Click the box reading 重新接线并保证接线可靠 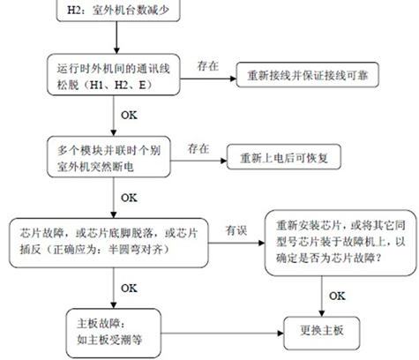[307, 75]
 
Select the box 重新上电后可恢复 [284, 157]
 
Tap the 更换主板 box [322, 333]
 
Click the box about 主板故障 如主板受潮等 [114, 334]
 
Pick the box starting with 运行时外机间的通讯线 [114, 75]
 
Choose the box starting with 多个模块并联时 [108, 157]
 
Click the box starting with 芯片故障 [108, 243]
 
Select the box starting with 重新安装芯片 [340, 243]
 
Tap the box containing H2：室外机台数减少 [118, 10]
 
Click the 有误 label [236, 230]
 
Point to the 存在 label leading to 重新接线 [207, 66]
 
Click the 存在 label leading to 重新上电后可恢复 [198, 148]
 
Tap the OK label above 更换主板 [337, 296]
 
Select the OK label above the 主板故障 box [129, 288]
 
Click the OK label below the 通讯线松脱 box [129, 115]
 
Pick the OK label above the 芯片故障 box [129, 198]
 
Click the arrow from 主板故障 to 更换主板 [222, 334]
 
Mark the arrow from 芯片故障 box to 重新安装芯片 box [236, 243]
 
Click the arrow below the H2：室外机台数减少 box [116, 38]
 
